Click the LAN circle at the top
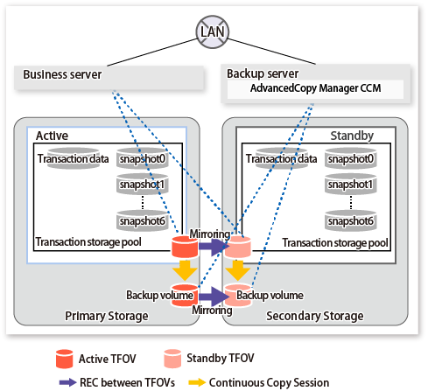(x=212, y=31)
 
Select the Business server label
(x=62, y=74)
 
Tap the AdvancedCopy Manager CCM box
(x=315, y=88)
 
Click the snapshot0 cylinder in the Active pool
(x=143, y=158)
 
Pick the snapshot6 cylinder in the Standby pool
(x=351, y=220)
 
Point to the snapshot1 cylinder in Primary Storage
(x=143, y=184)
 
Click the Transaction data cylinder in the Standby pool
(x=282, y=158)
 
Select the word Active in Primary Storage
(x=52, y=136)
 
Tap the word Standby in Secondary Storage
(x=352, y=136)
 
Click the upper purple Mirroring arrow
(x=213, y=247)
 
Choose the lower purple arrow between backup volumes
(x=214, y=297)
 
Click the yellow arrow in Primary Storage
(x=185, y=270)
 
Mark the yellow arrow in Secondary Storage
(x=238, y=270)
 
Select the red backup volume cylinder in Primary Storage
(x=185, y=295)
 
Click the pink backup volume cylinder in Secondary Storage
(x=238, y=295)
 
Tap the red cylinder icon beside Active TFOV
(x=65, y=359)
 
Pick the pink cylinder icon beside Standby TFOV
(x=172, y=359)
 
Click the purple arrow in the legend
(x=68, y=382)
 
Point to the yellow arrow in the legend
(x=197, y=382)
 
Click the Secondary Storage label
(x=315, y=316)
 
